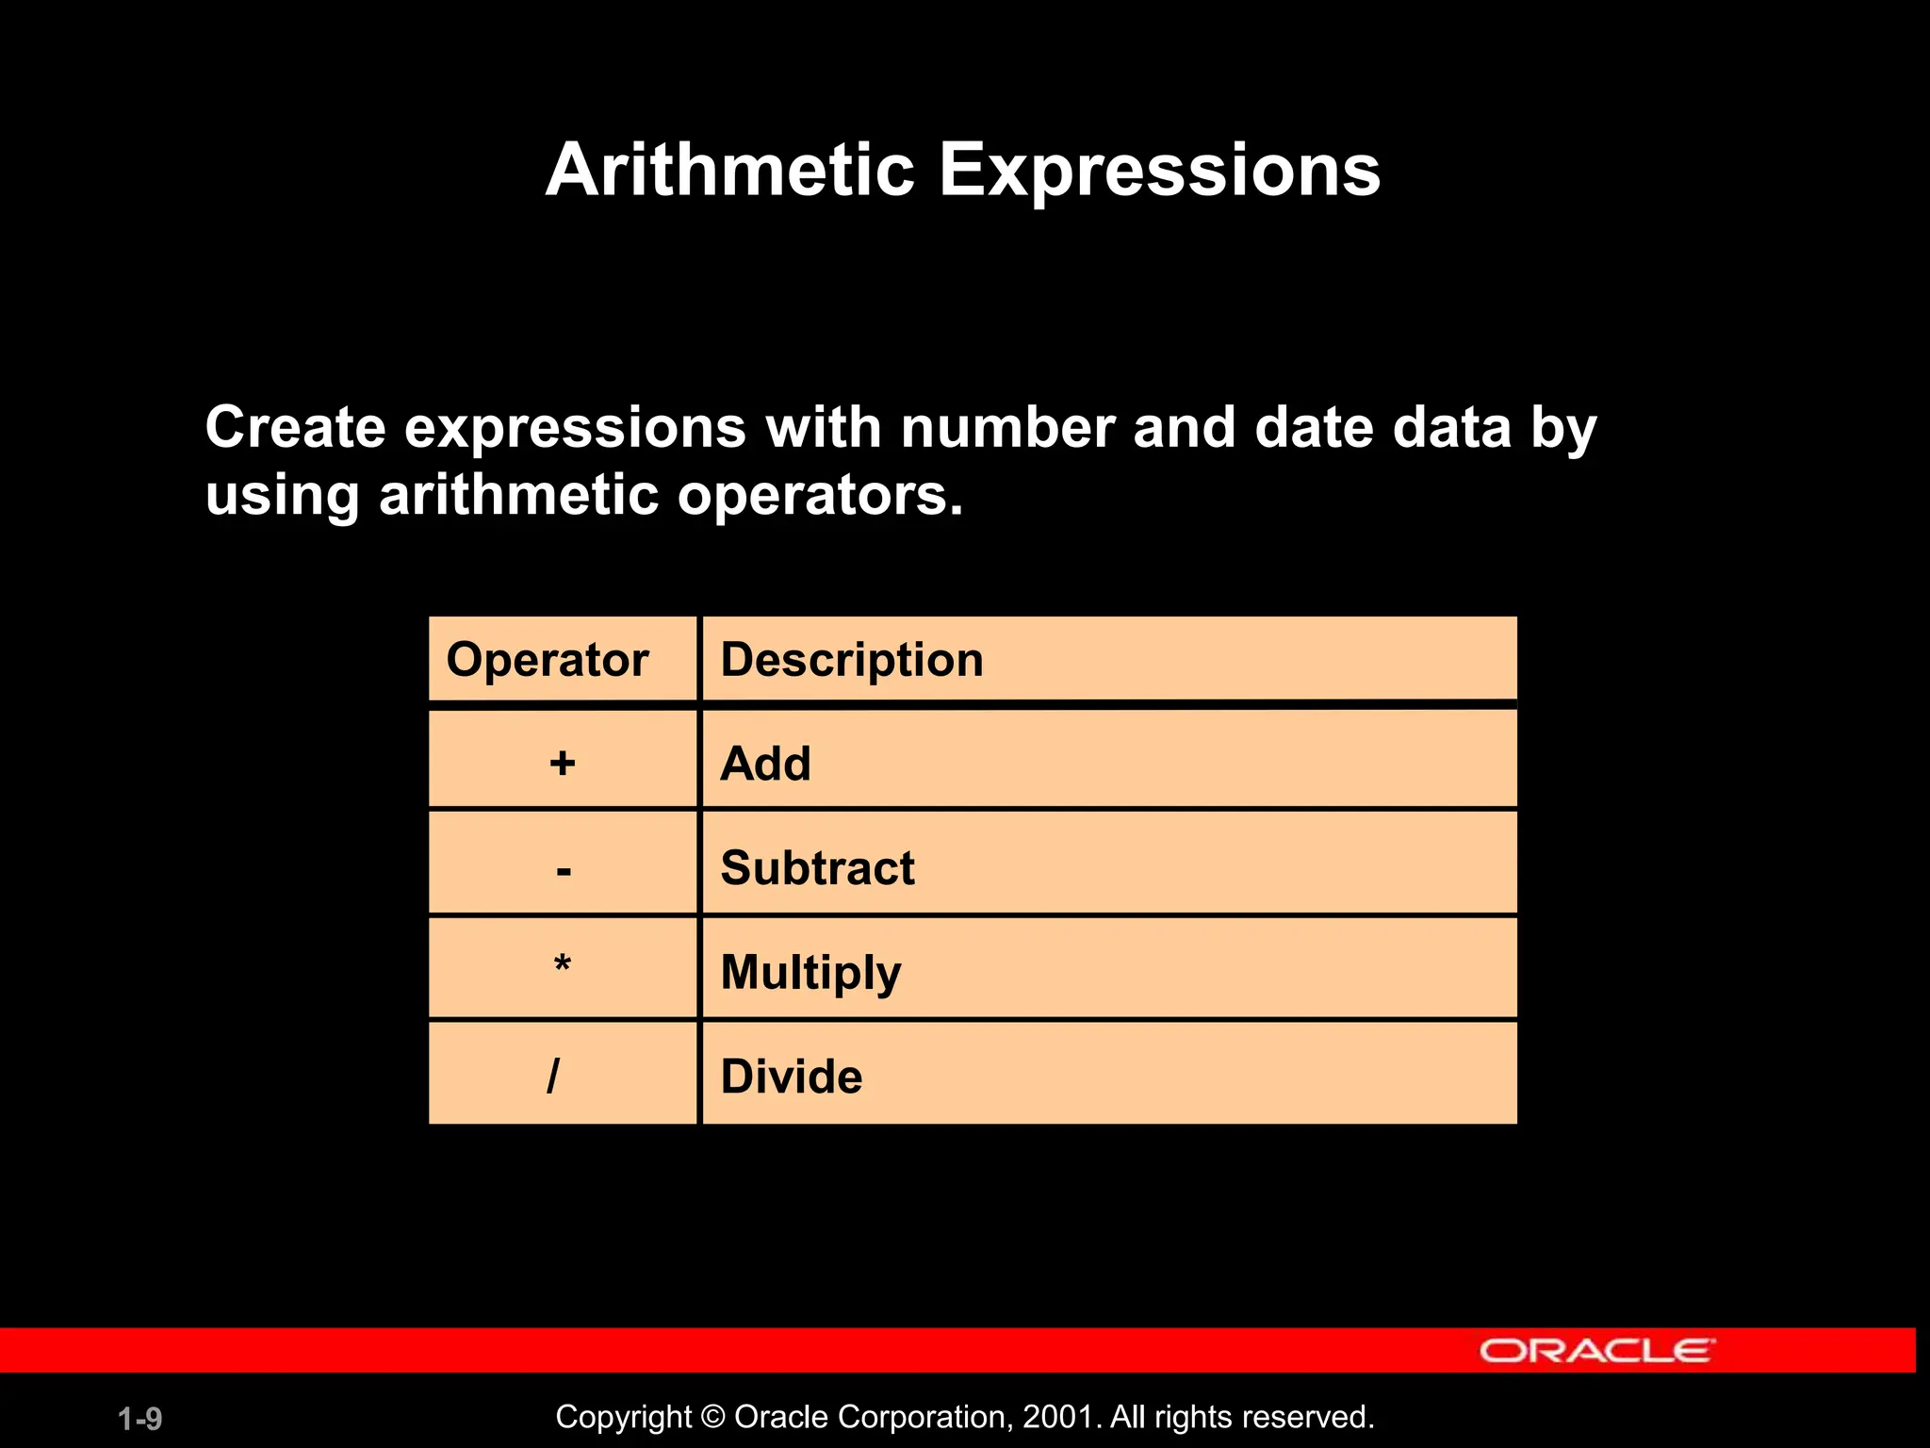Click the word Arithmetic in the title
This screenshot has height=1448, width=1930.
tap(730, 170)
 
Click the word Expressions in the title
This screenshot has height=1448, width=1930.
tap(1160, 172)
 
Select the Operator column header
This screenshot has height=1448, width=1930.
tap(548, 659)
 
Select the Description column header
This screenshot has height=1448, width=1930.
tap(852, 659)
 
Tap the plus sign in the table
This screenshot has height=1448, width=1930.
tap(563, 763)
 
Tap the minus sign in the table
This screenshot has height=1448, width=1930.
tap(564, 869)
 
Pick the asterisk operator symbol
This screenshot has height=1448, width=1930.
tap(563, 965)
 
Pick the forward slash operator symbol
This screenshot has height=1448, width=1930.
tap(553, 1076)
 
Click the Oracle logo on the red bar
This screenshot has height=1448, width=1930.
tap(1596, 1351)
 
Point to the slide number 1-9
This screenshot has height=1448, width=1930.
tap(140, 1419)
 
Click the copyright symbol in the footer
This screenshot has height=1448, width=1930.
tap(713, 1417)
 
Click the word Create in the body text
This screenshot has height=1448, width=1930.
tap(295, 427)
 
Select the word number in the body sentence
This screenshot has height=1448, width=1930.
tap(1007, 427)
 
